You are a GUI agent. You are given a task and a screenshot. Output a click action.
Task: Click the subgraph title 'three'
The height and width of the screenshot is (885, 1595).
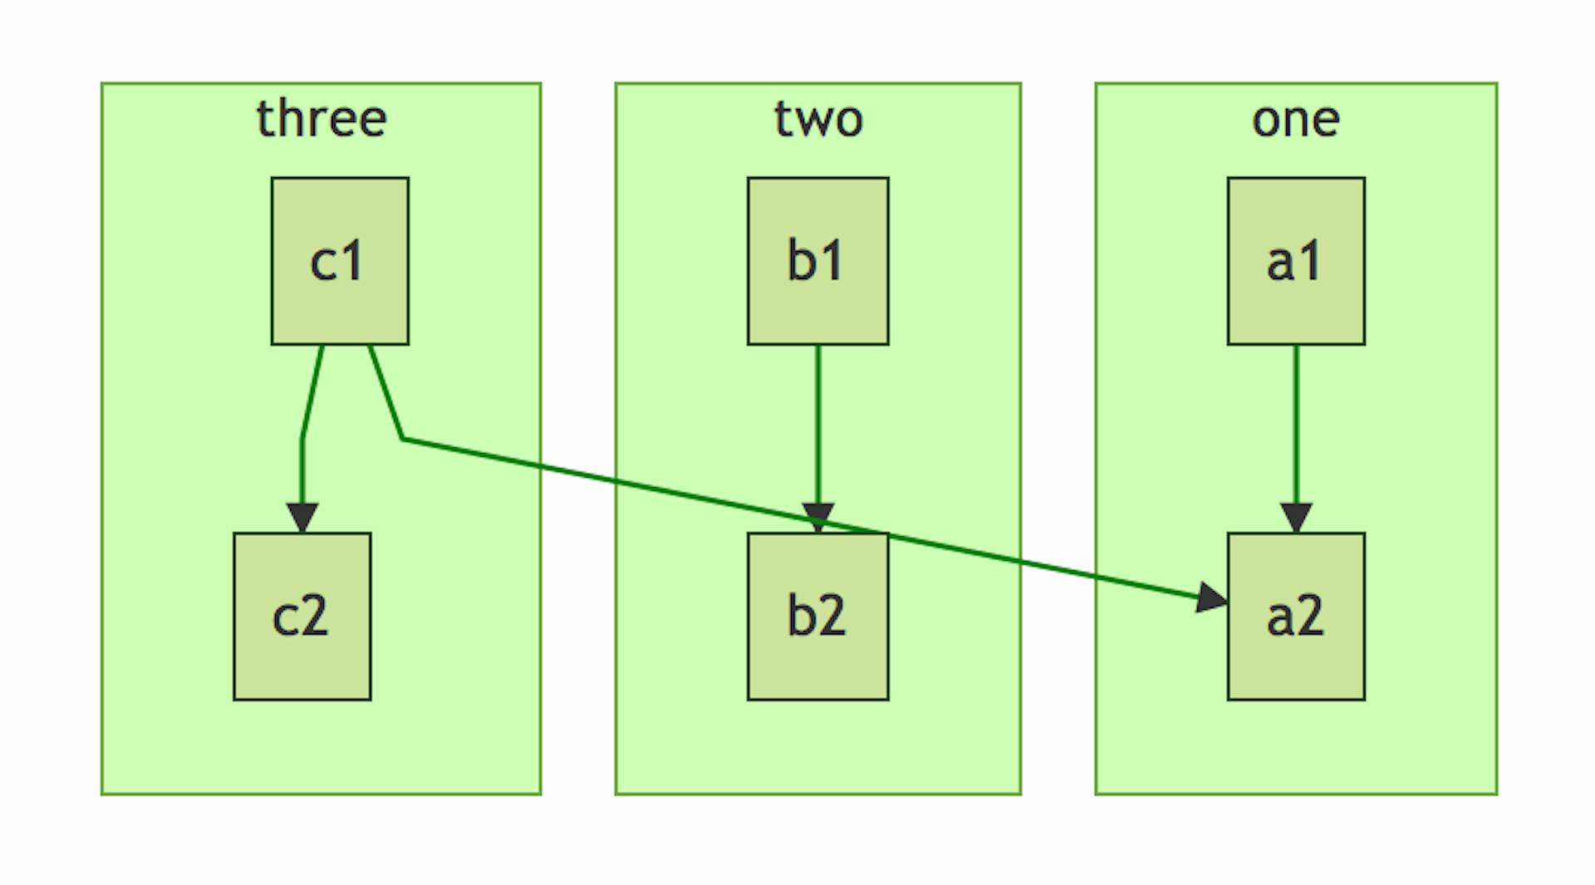pos(321,119)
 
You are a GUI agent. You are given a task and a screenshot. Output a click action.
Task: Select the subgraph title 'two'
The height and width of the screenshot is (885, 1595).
pos(818,119)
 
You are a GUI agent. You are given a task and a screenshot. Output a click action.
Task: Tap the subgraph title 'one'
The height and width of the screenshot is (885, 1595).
pos(1296,119)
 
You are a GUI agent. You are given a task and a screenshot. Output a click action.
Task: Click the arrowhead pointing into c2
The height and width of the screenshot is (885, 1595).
pos(302,517)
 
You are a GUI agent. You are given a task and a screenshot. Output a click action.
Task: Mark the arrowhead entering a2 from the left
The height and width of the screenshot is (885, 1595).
pos(1211,597)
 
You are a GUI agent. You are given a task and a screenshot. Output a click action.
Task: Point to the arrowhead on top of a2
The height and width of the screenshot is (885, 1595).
pos(1296,517)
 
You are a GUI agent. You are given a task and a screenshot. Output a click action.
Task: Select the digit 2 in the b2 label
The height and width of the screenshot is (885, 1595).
pos(832,617)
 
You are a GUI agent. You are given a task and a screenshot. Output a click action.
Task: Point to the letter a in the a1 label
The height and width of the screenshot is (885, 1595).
pos(1280,263)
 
